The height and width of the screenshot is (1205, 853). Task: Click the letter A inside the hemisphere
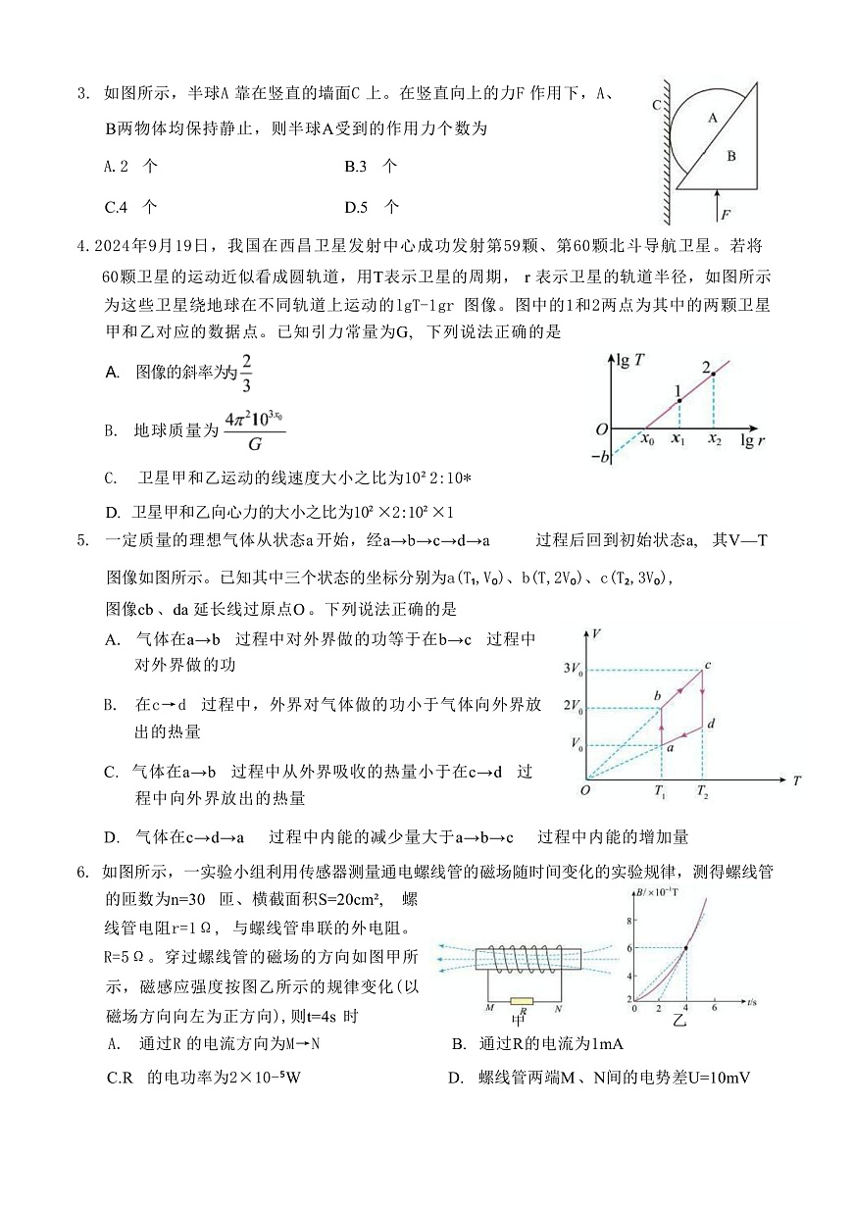[713, 117]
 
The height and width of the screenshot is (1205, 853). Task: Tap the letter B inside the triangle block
[731, 155]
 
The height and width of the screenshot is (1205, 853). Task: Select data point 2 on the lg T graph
[713, 374]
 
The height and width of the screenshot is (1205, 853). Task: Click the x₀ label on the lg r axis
[647, 441]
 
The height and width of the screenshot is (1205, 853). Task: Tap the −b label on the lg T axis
[601, 455]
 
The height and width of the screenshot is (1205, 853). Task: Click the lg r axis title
[753, 442]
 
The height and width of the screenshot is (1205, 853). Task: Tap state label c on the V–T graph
[708, 666]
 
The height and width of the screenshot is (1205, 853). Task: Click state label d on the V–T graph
[710, 724]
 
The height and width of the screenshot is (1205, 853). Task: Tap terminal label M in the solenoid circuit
[488, 1007]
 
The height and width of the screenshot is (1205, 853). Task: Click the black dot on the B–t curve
[685, 947]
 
